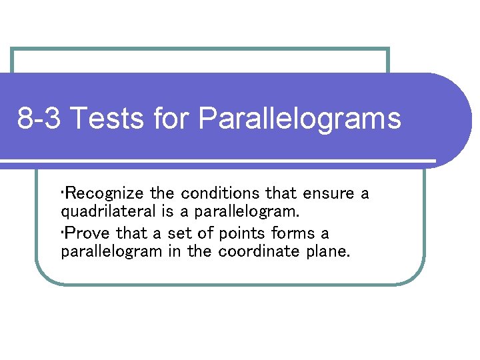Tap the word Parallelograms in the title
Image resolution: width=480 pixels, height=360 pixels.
299,119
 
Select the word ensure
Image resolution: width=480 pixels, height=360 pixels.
329,194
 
